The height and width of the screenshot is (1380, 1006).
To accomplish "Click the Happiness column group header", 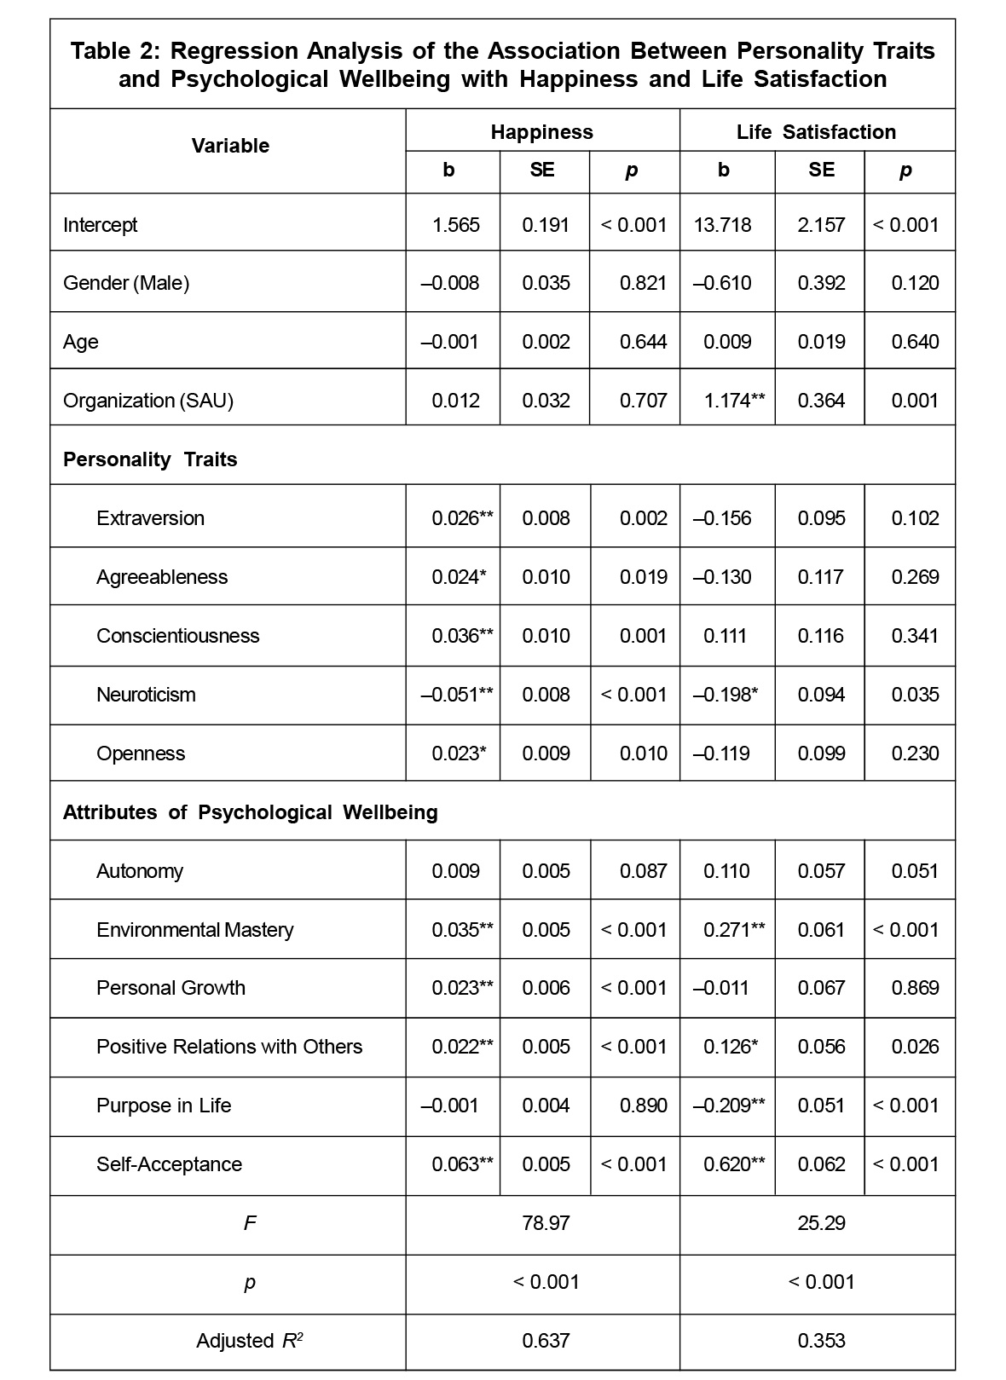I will coord(541,132).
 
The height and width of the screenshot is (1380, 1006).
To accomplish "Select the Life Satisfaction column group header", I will coord(816,132).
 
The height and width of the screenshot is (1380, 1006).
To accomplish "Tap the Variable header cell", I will coord(230,146).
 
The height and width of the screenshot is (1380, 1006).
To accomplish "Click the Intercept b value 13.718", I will coord(723,225).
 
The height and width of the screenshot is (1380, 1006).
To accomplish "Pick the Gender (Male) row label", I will coord(126,283).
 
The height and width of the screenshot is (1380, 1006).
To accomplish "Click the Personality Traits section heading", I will coord(150,459).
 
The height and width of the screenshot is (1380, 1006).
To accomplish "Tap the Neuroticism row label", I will coord(146,695).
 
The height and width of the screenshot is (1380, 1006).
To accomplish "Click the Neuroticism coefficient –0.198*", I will coord(726,695).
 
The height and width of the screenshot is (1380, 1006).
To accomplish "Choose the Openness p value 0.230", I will coord(915,754).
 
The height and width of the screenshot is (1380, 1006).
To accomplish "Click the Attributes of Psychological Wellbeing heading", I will coord(250,812).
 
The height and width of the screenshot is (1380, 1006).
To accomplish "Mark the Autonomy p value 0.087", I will coord(643,871).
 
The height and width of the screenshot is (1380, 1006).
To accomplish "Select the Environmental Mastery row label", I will coord(194,930).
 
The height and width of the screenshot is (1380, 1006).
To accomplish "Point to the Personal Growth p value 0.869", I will coord(915,988).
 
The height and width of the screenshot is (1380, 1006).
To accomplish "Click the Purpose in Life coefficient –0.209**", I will coord(728,1106).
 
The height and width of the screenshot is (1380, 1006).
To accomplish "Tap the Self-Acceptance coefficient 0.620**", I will coord(733,1164).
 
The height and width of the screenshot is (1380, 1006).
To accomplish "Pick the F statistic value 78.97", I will coord(546,1223).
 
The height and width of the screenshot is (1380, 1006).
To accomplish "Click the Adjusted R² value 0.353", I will coord(821,1341).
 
